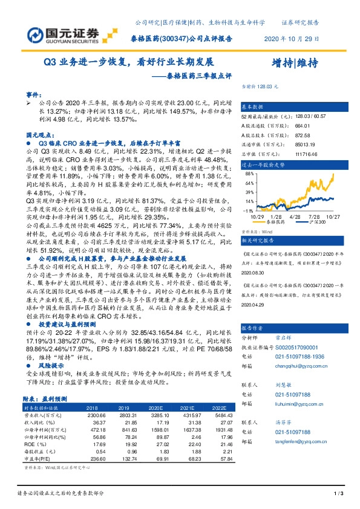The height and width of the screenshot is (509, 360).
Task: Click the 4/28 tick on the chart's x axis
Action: [296, 215]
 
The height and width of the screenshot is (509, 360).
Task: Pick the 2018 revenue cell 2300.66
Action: [97, 416]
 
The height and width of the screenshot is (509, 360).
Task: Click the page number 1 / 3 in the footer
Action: [338, 495]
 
